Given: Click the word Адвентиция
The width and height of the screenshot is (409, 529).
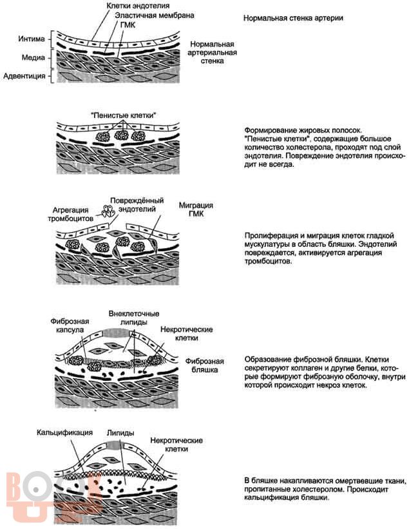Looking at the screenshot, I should pyautogui.click(x=25, y=77).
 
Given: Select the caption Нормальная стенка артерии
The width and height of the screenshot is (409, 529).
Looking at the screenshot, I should pyautogui.click(x=293, y=17).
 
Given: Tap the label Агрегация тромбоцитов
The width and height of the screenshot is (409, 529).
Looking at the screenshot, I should pyautogui.click(x=70, y=215).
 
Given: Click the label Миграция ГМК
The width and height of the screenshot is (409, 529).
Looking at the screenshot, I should pyautogui.click(x=193, y=209).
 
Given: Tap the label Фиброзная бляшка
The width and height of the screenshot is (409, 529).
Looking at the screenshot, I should pyautogui.click(x=205, y=366).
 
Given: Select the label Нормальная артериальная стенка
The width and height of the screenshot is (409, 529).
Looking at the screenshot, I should pyautogui.click(x=212, y=53).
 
